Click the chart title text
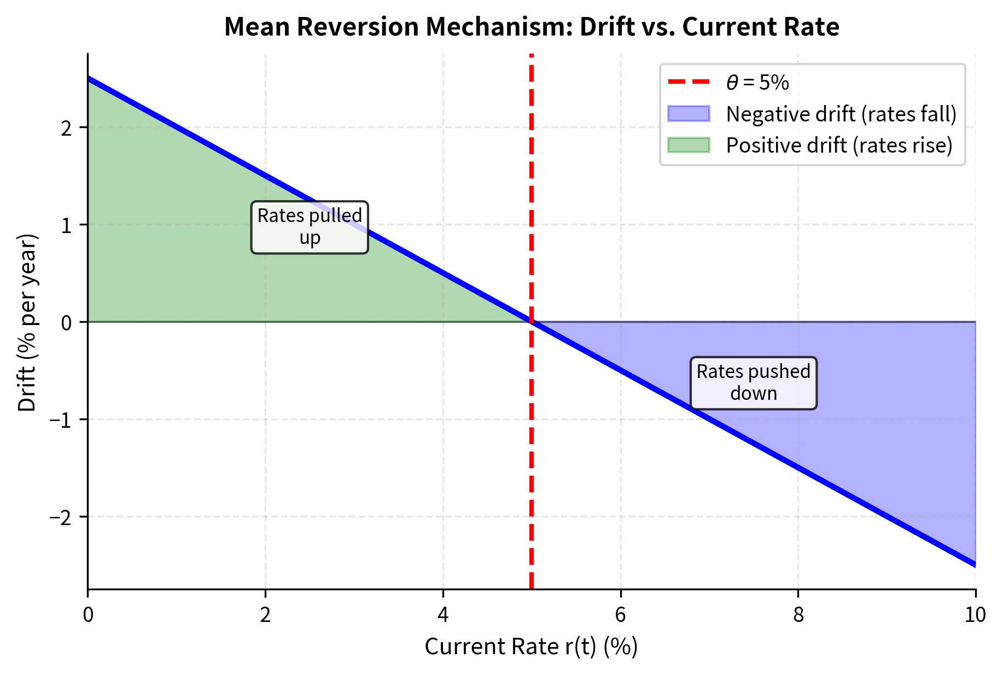(x=531, y=27)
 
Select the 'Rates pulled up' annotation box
(x=310, y=227)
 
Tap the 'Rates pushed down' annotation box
(x=753, y=383)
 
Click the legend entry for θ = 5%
(x=757, y=83)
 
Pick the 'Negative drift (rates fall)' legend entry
(x=841, y=114)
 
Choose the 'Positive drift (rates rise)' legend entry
(x=839, y=146)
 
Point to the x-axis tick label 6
(x=620, y=615)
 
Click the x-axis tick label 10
(x=975, y=615)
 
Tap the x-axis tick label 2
(x=265, y=615)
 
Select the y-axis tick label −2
(x=61, y=517)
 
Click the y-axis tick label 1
(x=66, y=225)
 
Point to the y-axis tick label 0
(x=66, y=322)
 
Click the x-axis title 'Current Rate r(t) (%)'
(x=531, y=647)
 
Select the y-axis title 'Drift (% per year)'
(x=27, y=322)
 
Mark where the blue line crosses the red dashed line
(x=532, y=322)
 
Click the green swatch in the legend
(x=689, y=146)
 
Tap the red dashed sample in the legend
(x=689, y=83)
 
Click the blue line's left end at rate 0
(x=89, y=79)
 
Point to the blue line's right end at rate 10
(x=975, y=565)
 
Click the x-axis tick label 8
(x=798, y=615)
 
